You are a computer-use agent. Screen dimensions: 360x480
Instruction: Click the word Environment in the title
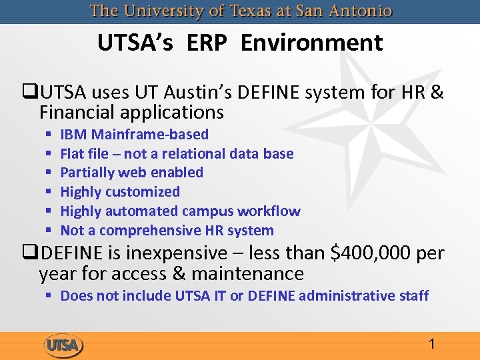click(311, 43)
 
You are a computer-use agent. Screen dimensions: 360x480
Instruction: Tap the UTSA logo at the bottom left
click(63, 345)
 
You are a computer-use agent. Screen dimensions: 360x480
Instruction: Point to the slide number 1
click(432, 345)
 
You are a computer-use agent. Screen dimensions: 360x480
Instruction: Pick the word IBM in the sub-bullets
click(74, 135)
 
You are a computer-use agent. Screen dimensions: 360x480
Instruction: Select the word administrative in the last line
click(345, 295)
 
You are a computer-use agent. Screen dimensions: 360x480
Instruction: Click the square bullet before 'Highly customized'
click(49, 193)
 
